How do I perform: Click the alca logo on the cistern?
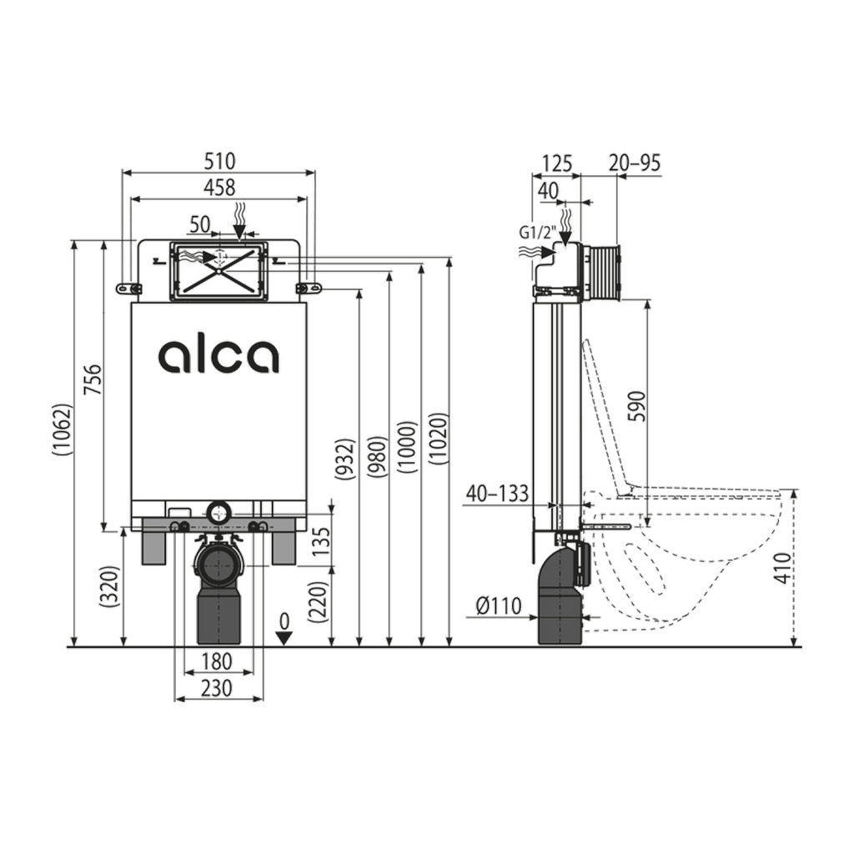219,356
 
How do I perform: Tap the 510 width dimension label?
219,161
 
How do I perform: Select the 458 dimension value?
219,188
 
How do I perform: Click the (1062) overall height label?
63,430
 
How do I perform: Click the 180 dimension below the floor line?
217,662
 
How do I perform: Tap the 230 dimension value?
217,689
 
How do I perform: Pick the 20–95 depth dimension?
635,163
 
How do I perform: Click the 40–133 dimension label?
498,494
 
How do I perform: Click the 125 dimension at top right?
555,163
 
